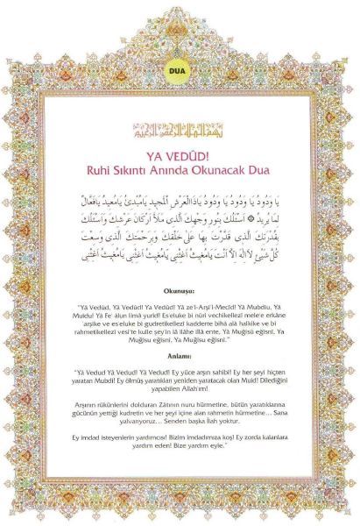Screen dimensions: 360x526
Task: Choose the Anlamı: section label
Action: click(x=180, y=357)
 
